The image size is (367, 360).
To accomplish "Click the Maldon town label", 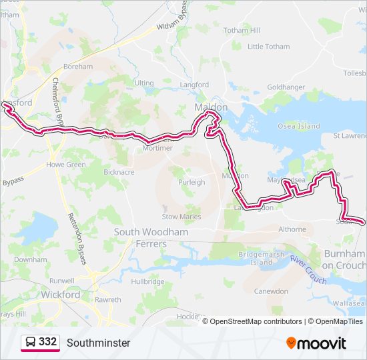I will coord(211,107).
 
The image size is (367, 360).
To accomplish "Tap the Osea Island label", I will coord(300,127).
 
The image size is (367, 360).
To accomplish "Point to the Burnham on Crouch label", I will coord(344,260).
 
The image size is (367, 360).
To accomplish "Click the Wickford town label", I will coord(61,294).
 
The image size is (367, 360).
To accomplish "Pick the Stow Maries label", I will coord(181,216).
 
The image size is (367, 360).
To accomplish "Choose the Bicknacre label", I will coord(119,171).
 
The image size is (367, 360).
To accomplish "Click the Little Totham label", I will coord(269,47).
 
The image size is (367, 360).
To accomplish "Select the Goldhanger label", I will coord(286,87).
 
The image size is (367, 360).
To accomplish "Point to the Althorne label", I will coord(292,229).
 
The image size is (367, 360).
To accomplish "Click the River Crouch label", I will coord(308,270).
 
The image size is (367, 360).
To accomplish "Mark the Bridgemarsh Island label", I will coord(262,258).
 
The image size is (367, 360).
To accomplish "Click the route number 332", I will coord(47,342).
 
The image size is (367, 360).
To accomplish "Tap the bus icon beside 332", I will coord(30,343).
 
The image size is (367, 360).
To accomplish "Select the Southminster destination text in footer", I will coord(99,343).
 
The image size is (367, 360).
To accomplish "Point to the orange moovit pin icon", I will coord(291,343).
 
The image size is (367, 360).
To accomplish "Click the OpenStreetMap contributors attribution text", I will coord(256,321).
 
